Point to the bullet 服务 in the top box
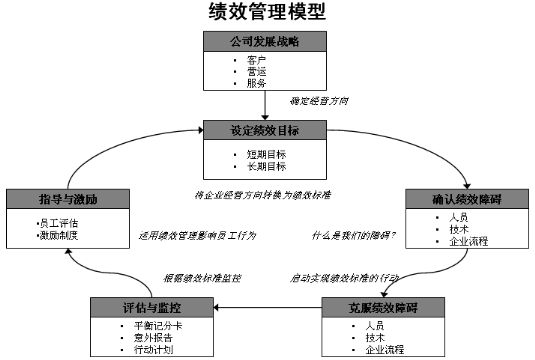coord(257,83)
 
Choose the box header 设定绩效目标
coord(266,131)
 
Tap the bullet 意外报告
coord(153,338)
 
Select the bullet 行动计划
coord(153,350)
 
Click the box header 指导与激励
coord(63,199)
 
